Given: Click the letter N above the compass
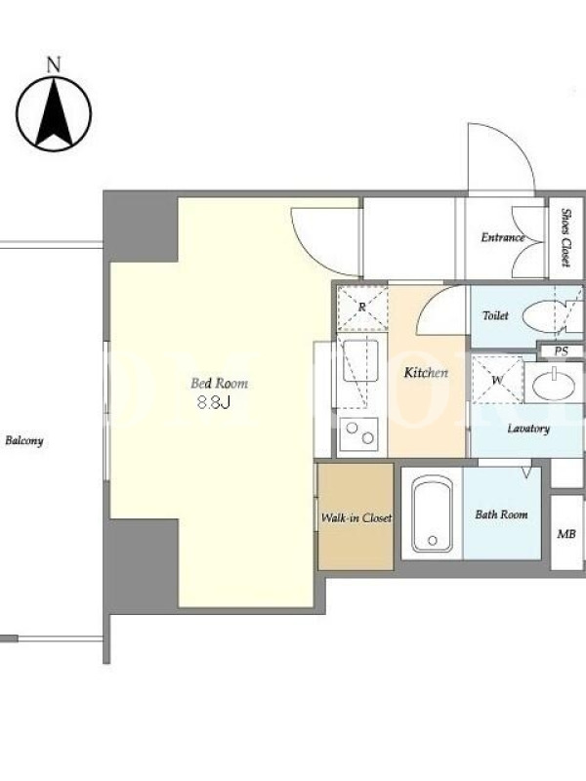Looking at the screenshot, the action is [54, 65].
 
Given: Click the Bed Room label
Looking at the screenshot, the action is [219, 384].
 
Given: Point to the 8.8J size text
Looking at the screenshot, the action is [214, 402].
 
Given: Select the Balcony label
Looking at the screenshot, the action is [23, 441].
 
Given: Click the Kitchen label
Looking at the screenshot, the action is [426, 373].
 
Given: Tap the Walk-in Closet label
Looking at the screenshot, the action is [356, 518].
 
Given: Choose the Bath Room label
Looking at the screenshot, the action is [501, 514].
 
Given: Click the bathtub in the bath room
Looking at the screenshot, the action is [433, 514].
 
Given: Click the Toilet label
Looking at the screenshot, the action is [495, 315].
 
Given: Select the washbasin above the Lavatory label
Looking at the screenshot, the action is [554, 382].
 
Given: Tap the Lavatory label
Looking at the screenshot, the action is [528, 429].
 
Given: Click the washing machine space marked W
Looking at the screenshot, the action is [497, 379].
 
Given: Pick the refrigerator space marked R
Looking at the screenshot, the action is [362, 308].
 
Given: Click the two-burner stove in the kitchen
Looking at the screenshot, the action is [358, 432].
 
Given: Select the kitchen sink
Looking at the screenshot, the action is [360, 360].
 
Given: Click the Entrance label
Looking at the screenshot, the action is [503, 237].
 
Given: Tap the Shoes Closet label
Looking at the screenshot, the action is [566, 237].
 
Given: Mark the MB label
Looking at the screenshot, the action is [566, 534].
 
